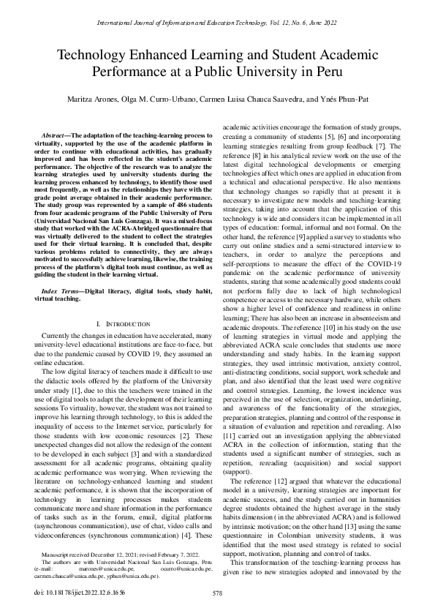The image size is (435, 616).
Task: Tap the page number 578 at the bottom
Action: pos(217,593)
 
